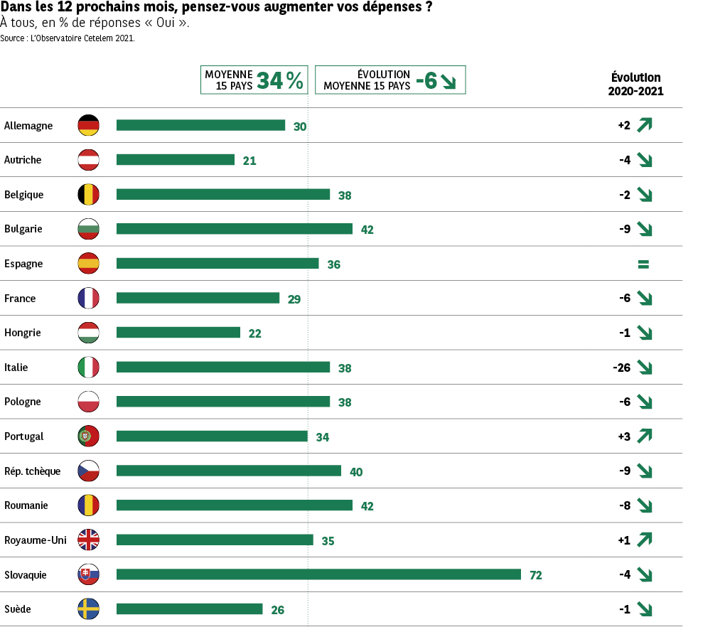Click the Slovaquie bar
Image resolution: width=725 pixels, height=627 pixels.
(318, 574)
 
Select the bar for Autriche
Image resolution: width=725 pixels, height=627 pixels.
(176, 160)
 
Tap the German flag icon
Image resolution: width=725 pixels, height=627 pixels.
(89, 125)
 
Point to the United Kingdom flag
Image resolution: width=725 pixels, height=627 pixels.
(89, 540)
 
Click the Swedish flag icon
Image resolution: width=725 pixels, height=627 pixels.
(89, 609)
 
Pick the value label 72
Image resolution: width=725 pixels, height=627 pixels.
(536, 575)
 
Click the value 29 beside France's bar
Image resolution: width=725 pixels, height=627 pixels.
(294, 299)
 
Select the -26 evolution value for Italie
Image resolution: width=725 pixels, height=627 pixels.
(622, 368)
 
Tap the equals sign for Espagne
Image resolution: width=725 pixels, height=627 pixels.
(643, 264)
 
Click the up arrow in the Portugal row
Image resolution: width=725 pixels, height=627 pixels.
(645, 436)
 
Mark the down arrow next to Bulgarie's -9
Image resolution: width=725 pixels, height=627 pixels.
(645, 229)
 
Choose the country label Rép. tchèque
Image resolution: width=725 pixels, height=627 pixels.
(32, 471)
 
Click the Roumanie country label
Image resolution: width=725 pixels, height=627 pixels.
(26, 505)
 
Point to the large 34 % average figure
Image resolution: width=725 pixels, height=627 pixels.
(280, 80)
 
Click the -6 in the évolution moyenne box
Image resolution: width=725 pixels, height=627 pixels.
(426, 80)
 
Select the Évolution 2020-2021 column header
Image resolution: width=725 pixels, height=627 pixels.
(635, 85)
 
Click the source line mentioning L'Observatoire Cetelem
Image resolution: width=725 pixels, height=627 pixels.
(68, 38)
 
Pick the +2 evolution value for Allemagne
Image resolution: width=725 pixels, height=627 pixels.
(624, 125)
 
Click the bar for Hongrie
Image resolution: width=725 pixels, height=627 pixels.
(178, 333)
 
